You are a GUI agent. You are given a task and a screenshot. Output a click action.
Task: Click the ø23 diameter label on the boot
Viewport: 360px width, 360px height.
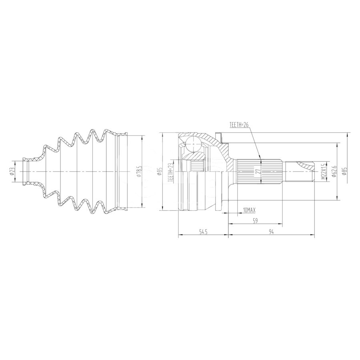click(x=12, y=171)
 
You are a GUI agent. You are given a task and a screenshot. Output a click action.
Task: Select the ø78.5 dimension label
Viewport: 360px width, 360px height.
click(x=138, y=172)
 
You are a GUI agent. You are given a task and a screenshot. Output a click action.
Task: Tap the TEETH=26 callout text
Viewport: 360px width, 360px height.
click(x=239, y=125)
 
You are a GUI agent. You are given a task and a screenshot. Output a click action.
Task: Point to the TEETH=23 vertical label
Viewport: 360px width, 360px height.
click(x=170, y=172)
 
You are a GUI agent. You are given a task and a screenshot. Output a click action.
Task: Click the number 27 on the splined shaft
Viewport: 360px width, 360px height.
click(x=258, y=172)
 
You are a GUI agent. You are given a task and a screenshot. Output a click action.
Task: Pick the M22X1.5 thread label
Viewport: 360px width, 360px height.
click(x=324, y=172)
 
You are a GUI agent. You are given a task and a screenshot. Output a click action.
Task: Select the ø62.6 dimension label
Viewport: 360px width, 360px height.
click(x=333, y=172)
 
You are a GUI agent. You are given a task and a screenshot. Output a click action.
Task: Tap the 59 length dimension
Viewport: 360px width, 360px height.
click(x=255, y=220)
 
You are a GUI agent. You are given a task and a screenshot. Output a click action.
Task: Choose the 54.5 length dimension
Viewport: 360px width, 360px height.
click(x=203, y=232)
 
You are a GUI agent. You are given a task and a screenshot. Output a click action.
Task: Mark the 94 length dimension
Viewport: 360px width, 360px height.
click(x=271, y=232)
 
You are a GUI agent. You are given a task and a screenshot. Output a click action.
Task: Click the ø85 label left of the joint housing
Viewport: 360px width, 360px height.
click(x=159, y=172)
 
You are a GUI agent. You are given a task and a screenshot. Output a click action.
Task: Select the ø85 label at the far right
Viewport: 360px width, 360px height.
click(x=344, y=172)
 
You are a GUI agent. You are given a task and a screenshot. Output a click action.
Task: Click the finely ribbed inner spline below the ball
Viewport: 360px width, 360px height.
click(x=196, y=165)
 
